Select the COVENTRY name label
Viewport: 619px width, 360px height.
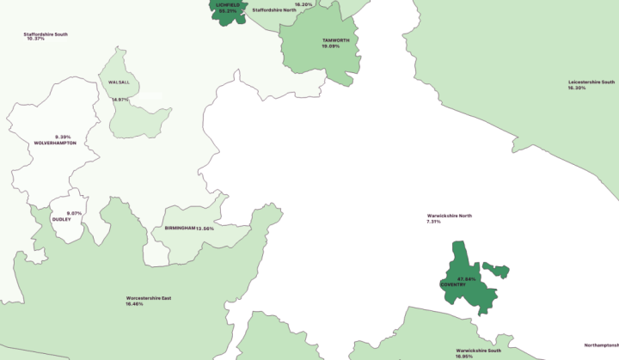(452, 284)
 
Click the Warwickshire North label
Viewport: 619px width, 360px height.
(449, 216)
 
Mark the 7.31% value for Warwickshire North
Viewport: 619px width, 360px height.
(433, 222)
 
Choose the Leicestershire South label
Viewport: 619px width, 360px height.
(591, 82)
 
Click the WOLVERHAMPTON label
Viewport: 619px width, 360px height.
(55, 143)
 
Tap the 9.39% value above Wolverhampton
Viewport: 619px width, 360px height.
(63, 137)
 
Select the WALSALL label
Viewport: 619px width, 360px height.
(119, 82)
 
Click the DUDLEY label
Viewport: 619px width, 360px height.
(62, 219)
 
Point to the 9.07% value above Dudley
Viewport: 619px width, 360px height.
(74, 213)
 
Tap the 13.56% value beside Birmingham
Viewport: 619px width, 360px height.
(205, 229)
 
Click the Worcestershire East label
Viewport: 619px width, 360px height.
(148, 298)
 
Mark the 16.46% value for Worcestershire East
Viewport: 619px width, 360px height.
(135, 304)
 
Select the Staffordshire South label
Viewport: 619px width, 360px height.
(46, 34)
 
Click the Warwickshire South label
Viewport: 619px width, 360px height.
(478, 351)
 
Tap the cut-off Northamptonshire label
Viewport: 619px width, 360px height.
(601, 345)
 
